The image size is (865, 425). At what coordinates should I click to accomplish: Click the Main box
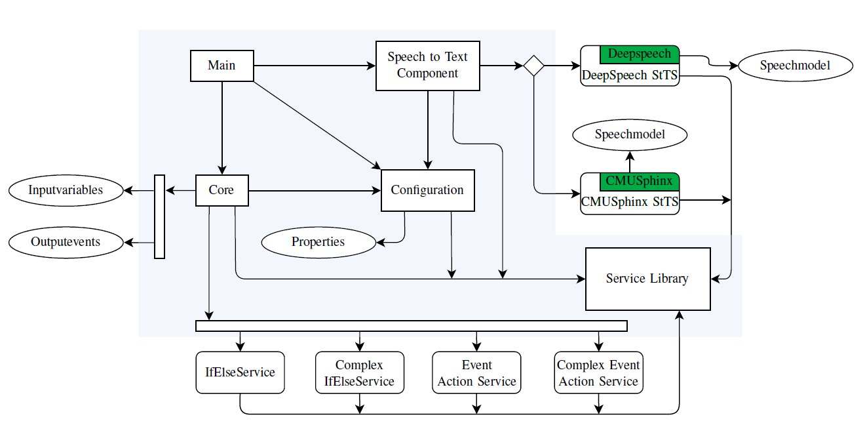click(x=222, y=66)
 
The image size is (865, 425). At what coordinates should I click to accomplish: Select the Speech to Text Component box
click(x=428, y=66)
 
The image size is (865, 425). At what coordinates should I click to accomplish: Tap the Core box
click(x=222, y=190)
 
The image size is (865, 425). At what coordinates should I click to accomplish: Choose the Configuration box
click(x=428, y=190)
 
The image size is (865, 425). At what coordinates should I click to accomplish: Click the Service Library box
click(x=648, y=279)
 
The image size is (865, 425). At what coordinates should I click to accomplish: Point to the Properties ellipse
click(x=318, y=242)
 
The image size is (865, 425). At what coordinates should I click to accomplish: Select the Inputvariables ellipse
click(x=66, y=190)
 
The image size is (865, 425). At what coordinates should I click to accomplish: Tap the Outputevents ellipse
click(x=66, y=242)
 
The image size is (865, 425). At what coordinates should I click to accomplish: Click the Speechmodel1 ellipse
click(x=796, y=66)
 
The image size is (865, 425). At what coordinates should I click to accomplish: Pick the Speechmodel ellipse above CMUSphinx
click(x=630, y=135)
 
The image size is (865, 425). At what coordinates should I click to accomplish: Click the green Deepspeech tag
click(x=640, y=54)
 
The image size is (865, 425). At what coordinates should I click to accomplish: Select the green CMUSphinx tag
click(x=640, y=182)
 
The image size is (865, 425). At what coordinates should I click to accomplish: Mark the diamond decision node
click(x=533, y=66)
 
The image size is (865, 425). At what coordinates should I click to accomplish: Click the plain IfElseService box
click(x=240, y=373)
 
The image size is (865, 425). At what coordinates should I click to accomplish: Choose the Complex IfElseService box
click(x=360, y=373)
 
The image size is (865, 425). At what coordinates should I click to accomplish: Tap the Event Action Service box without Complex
click(x=476, y=373)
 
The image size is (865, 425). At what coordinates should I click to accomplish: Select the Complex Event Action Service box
click(x=598, y=373)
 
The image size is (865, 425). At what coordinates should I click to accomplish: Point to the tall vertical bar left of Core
click(x=159, y=216)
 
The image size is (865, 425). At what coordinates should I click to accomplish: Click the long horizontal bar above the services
click(x=412, y=326)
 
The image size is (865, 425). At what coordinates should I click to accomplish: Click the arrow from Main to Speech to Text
click(x=315, y=66)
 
